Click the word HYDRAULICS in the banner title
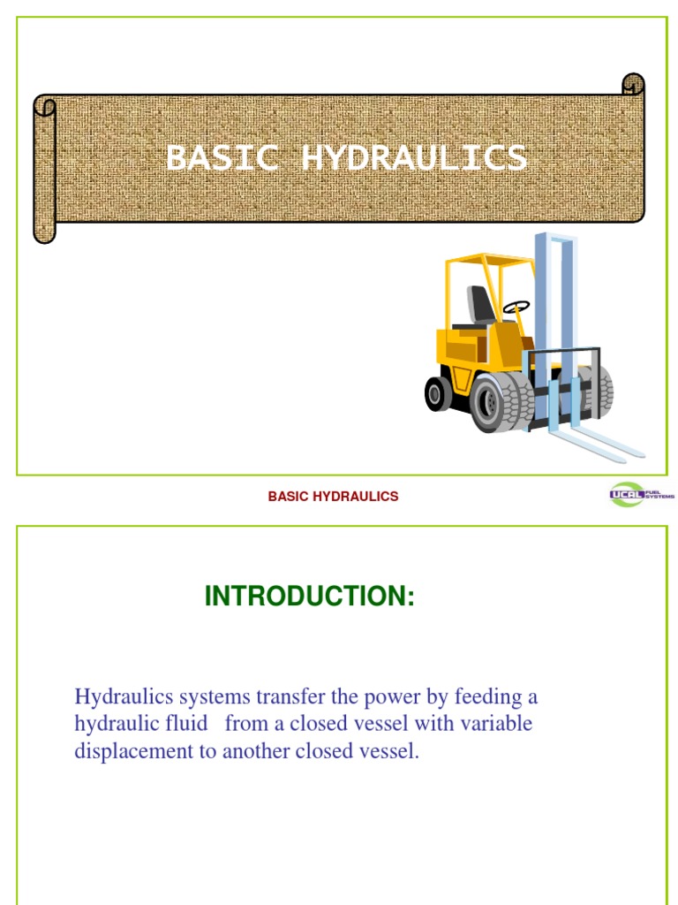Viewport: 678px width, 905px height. [414, 159]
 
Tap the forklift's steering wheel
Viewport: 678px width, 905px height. [516, 307]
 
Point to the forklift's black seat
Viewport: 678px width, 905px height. [481, 305]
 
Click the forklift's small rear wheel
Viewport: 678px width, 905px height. [438, 393]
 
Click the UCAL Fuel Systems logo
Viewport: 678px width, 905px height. [641, 495]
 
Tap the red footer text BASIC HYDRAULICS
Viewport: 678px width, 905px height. [333, 497]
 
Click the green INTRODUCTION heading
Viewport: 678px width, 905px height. [309, 597]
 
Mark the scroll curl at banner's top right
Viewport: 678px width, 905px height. [633, 85]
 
